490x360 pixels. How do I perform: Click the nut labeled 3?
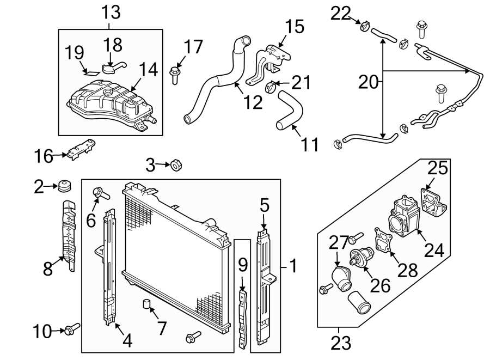[x=176, y=163]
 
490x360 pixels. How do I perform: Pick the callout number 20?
[x=369, y=82]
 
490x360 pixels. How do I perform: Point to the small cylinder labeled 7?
[x=146, y=303]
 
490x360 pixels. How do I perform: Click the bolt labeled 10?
[x=71, y=329]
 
